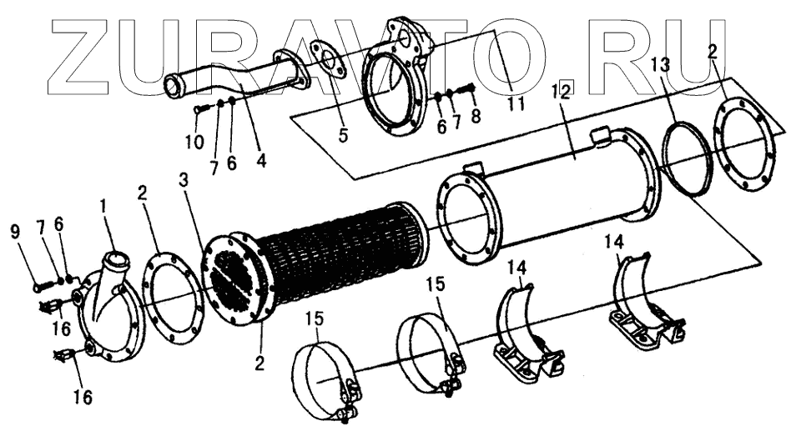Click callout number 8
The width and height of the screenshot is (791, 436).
click(x=476, y=117)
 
